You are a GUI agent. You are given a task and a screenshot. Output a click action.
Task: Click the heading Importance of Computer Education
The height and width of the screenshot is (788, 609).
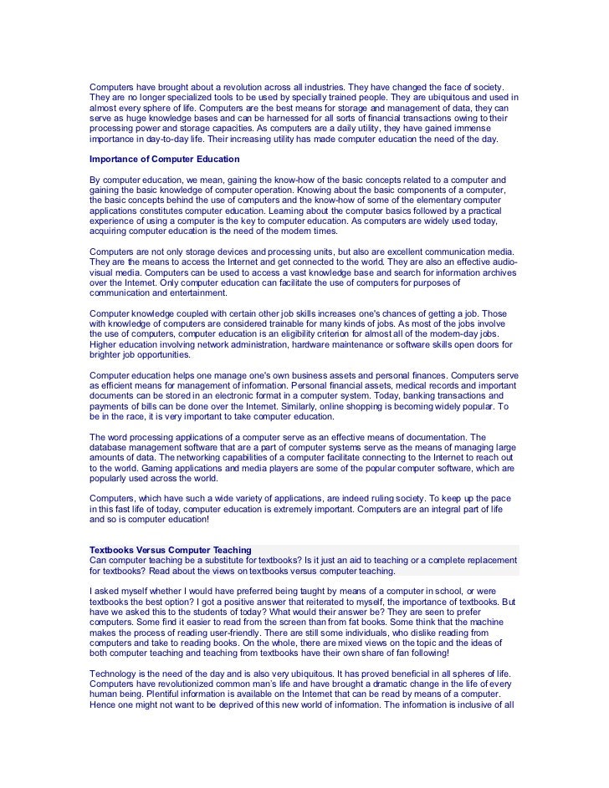pos(164,159)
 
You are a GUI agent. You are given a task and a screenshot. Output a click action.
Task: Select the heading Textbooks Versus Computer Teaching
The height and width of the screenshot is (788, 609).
pos(171,549)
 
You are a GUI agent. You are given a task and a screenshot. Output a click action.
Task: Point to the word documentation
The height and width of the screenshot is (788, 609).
pos(428,437)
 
